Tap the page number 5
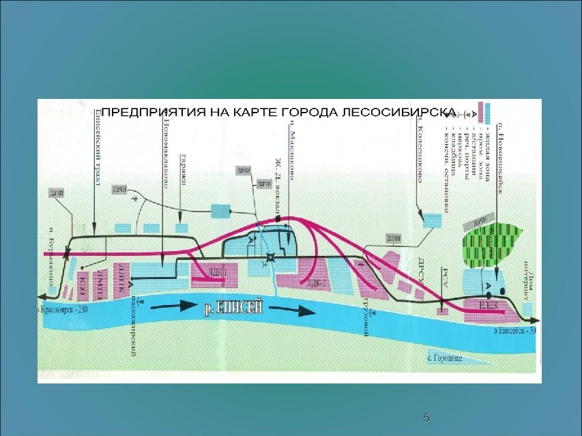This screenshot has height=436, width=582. [426, 418]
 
